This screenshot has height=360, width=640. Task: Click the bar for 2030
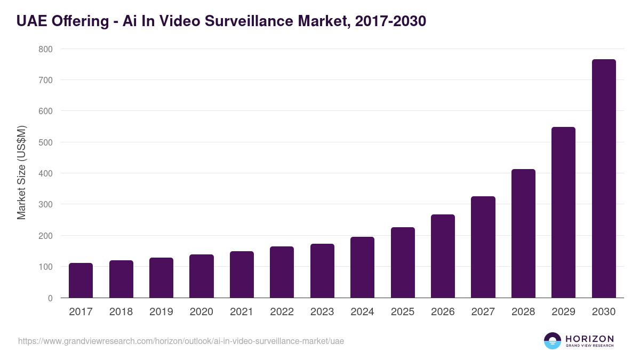tap(604, 179)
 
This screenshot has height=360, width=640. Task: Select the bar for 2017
tap(81, 281)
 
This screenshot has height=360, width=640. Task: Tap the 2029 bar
tap(563, 212)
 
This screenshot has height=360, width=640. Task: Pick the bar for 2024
tap(362, 267)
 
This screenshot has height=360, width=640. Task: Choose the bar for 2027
tap(483, 247)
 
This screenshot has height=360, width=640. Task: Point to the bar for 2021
tap(242, 275)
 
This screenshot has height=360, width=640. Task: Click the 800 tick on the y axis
tap(45, 49)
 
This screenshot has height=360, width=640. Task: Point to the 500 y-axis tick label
tap(45, 142)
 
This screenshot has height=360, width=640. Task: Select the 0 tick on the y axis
tap(50, 298)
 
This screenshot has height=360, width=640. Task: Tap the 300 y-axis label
tap(45, 205)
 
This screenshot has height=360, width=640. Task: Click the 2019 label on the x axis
tap(161, 312)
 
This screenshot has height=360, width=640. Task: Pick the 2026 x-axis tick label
tap(443, 312)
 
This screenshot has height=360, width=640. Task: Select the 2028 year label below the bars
tap(523, 312)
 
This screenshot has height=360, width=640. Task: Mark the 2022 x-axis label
tap(282, 312)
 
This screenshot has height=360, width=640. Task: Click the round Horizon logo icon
tap(553, 341)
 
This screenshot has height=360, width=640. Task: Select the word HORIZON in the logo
tap(590, 339)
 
